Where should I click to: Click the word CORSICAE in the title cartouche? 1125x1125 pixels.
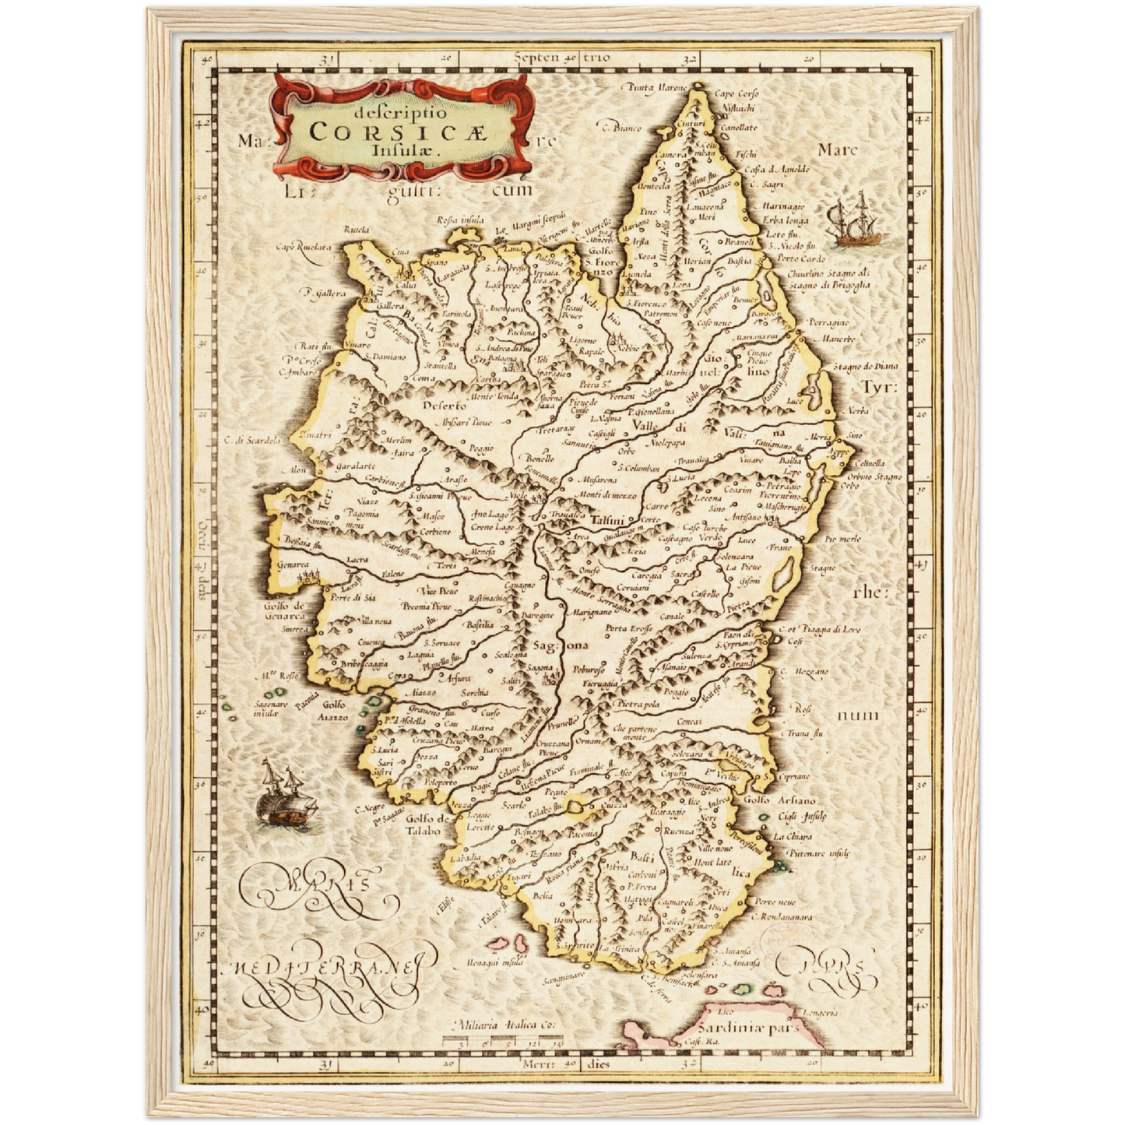click(x=396, y=132)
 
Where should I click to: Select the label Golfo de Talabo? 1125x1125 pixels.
click(x=427, y=824)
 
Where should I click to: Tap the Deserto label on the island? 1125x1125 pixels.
click(x=445, y=406)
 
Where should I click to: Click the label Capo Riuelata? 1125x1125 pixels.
click(x=303, y=247)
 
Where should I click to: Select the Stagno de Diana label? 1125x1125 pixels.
click(x=865, y=366)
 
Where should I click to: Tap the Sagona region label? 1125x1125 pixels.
click(x=561, y=645)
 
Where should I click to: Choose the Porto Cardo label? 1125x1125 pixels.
click(x=800, y=258)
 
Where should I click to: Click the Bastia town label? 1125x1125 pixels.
click(x=739, y=262)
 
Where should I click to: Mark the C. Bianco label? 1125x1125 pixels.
click(x=620, y=126)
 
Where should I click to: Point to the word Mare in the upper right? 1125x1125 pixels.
click(x=838, y=149)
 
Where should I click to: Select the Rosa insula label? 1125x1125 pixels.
click(x=460, y=220)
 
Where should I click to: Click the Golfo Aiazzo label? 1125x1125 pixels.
click(x=335, y=711)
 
